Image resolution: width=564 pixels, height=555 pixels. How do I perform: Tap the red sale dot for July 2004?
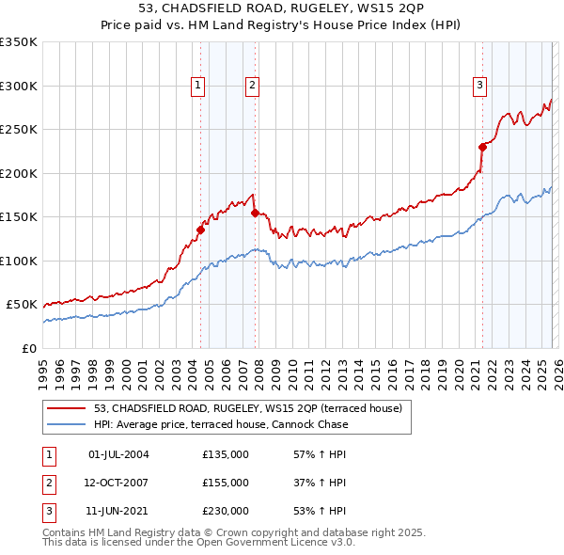pyautogui.click(x=200, y=230)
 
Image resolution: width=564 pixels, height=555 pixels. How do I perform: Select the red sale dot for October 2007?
pyautogui.click(x=255, y=213)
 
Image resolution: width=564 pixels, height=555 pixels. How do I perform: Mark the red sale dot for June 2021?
pyautogui.click(x=482, y=147)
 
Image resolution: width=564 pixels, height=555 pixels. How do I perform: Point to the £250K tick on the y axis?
pyautogui.click(x=19, y=130)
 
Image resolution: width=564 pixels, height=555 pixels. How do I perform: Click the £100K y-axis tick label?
pyautogui.click(x=19, y=261)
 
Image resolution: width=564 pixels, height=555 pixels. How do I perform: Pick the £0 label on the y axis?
pyautogui.click(x=28, y=348)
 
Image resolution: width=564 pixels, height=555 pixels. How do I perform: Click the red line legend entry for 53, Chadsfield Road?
pyautogui.click(x=247, y=408)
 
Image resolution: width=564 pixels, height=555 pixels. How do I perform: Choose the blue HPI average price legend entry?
pyautogui.click(x=220, y=424)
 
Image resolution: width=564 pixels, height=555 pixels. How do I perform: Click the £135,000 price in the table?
pyautogui.click(x=226, y=454)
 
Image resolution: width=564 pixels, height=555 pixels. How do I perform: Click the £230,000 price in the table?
pyautogui.click(x=226, y=511)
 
